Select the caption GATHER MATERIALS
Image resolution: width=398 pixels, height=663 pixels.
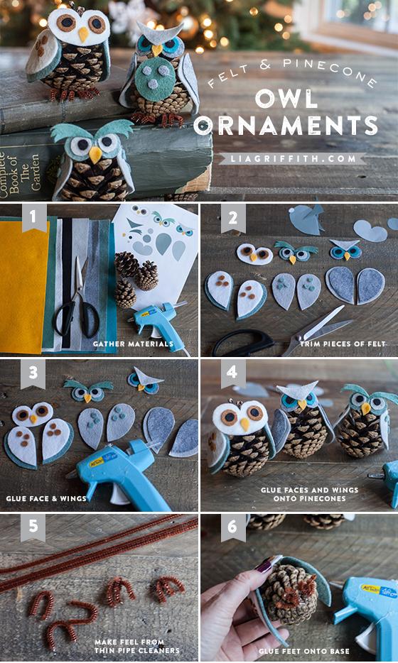tap(133, 344)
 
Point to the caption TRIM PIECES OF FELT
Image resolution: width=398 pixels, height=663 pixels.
tap(343, 344)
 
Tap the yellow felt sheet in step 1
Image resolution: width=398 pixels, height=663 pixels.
tap(23, 284)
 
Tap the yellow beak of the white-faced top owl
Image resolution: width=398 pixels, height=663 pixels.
tap(84, 34)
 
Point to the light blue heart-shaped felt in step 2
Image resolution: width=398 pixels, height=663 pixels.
tap(370, 230)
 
